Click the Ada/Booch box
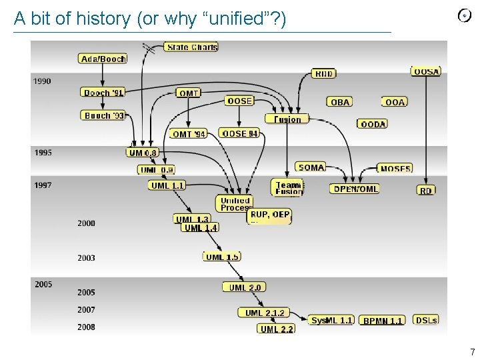click(x=103, y=59)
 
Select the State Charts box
click(x=191, y=47)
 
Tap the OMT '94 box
click(x=189, y=134)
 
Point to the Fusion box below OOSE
click(x=287, y=119)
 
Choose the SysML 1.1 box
click(x=331, y=321)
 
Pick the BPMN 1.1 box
click(x=383, y=321)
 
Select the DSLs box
click(x=426, y=320)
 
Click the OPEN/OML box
click(x=355, y=189)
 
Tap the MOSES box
click(x=395, y=169)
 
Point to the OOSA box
click(x=426, y=71)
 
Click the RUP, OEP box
click(x=269, y=215)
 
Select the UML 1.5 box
click(x=222, y=257)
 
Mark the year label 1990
click(x=42, y=81)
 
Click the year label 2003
click(x=86, y=258)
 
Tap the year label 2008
click(x=86, y=327)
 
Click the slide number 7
click(x=472, y=352)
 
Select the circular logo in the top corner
click(x=465, y=15)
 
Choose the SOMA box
click(x=311, y=167)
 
